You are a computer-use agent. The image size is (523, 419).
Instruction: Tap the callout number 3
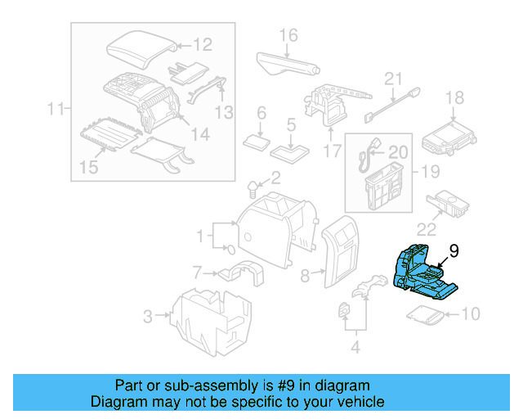147,314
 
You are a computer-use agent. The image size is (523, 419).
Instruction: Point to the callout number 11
55,108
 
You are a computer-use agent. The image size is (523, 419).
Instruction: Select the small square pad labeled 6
259,141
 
